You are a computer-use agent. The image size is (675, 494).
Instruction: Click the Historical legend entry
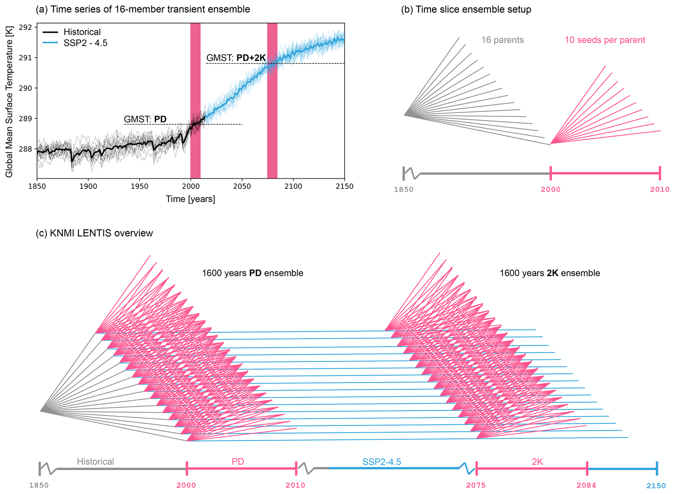pos(82,32)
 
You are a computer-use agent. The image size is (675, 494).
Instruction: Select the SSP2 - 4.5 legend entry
pos(85,43)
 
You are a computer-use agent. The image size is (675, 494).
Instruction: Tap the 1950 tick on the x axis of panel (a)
pos(139,187)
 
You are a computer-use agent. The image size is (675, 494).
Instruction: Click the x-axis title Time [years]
pos(190,199)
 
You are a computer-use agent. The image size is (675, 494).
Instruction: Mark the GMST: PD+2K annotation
pos(236,58)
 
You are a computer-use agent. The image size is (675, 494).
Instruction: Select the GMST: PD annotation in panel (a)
pos(145,119)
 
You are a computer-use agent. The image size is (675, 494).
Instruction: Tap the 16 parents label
pos(502,40)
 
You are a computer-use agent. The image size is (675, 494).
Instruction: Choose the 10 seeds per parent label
pos(605,40)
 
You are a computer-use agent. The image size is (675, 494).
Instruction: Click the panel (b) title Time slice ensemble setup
pos(466,9)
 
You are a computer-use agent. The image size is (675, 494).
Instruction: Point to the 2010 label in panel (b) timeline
pos(659,190)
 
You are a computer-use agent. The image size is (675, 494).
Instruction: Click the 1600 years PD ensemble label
pos(252,273)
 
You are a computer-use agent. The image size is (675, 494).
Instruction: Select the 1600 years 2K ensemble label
pos(550,273)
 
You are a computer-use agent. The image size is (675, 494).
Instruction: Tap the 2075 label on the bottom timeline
pos(476,486)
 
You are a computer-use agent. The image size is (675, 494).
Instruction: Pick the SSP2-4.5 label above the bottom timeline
pos(381,462)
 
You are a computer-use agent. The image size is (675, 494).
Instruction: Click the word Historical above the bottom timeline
pos(95,462)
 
